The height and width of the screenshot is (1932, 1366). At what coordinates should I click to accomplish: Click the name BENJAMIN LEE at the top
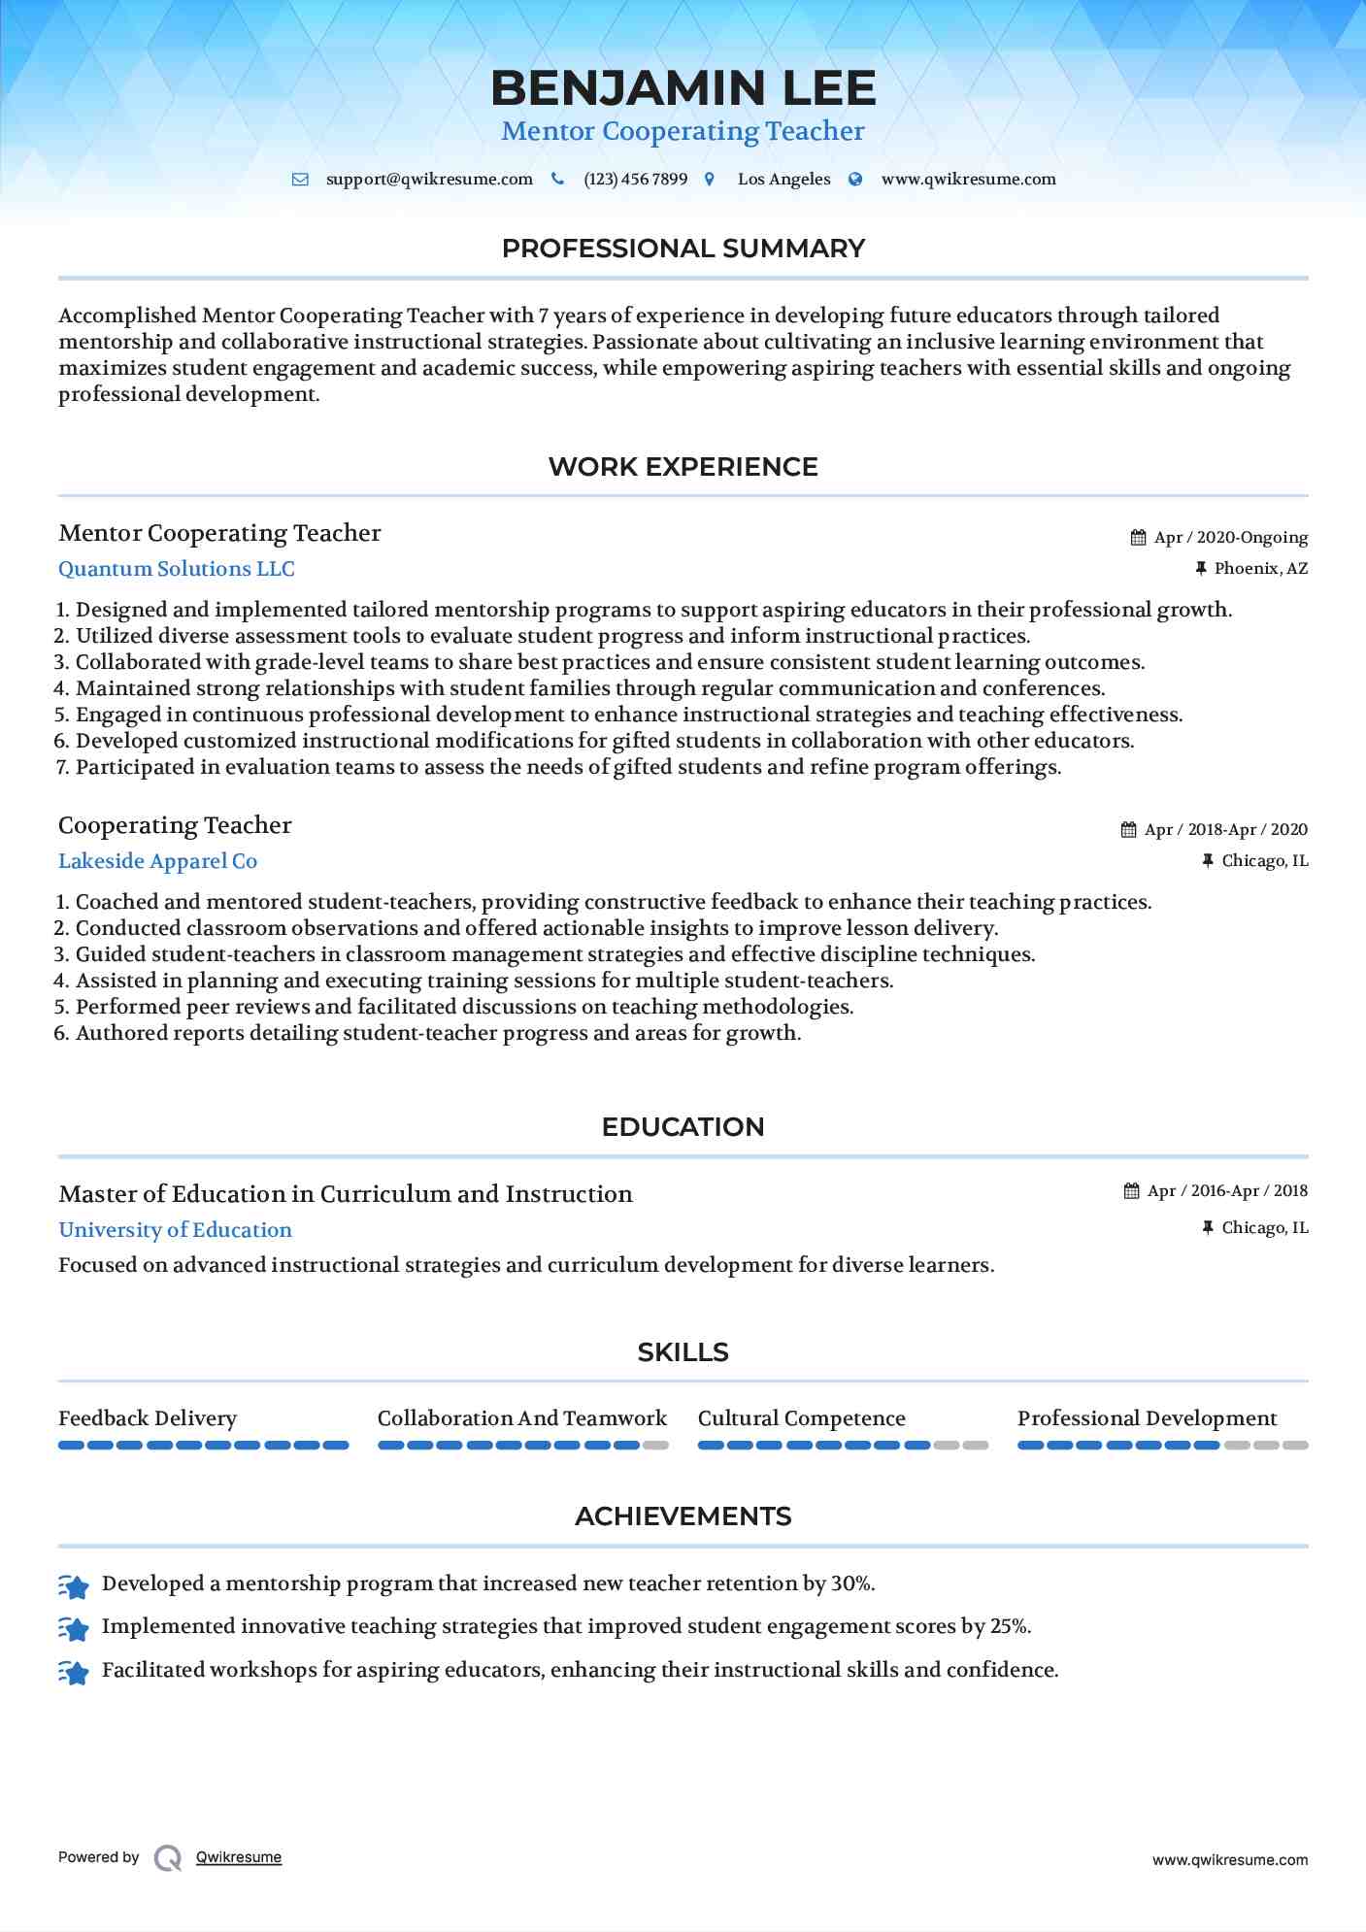click(683, 88)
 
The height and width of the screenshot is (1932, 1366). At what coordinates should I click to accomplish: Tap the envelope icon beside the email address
click(301, 180)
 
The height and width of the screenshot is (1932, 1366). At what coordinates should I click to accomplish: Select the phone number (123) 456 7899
click(635, 180)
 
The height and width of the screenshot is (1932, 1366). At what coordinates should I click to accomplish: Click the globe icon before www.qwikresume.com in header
click(855, 180)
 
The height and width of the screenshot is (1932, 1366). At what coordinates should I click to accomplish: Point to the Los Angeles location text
click(783, 180)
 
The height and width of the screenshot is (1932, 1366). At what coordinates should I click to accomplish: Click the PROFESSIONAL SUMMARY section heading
click(683, 249)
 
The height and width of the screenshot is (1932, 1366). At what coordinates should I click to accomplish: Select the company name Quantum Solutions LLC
click(177, 569)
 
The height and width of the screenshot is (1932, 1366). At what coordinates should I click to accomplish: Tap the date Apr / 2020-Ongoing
click(1230, 538)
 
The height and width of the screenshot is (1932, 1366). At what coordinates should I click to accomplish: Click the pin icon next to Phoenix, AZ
click(1201, 569)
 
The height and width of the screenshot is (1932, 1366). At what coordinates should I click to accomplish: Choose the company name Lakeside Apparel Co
click(158, 861)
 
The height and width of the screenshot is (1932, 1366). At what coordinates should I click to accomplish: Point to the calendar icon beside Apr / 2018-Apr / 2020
click(1128, 830)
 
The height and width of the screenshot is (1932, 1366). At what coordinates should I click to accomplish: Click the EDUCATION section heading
click(683, 1127)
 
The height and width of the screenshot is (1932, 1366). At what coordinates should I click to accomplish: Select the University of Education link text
click(175, 1230)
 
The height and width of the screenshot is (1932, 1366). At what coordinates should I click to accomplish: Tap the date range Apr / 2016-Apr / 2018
click(1227, 1191)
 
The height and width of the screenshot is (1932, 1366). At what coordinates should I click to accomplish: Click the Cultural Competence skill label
click(801, 1418)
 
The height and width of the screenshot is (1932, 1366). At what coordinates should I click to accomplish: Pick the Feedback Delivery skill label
click(148, 1418)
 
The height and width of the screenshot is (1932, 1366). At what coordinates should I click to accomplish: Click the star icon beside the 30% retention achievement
click(74, 1585)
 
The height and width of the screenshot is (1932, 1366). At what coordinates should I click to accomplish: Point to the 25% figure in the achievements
click(1010, 1626)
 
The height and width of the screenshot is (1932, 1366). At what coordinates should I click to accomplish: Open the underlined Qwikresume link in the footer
click(239, 1857)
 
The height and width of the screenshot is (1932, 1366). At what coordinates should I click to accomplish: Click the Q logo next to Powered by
click(168, 1858)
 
